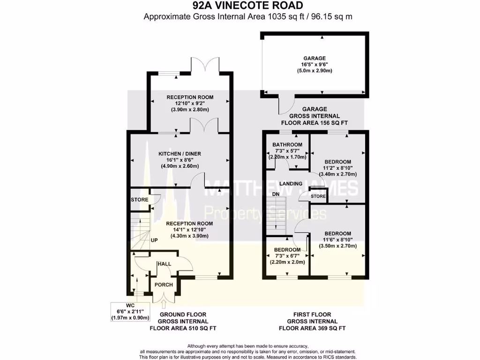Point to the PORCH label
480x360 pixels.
pos(164,285)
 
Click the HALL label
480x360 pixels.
pos(164,264)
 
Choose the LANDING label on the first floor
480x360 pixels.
pos(291,184)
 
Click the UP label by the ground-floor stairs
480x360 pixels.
pos(154,240)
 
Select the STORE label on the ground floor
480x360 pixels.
pos(139,200)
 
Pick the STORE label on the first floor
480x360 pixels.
pos(318,196)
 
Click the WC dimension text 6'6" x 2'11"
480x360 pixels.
pos(130,311)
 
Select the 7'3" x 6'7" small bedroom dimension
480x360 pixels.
pos(287,256)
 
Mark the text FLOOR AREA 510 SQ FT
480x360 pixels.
pos(183,329)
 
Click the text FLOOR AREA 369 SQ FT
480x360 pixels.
pos(312,329)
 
